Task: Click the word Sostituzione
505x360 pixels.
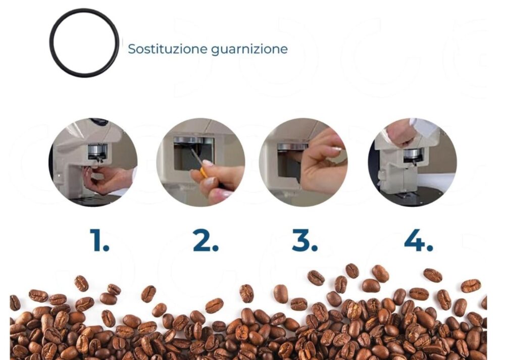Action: (x=168, y=49)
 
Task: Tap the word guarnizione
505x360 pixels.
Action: (x=249, y=49)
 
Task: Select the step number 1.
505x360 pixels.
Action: (x=99, y=240)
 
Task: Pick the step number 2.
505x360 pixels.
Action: (x=206, y=240)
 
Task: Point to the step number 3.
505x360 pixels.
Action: (x=305, y=240)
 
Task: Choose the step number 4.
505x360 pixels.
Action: (x=418, y=240)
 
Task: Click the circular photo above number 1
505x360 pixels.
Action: (x=93, y=162)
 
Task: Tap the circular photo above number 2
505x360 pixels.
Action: (x=200, y=162)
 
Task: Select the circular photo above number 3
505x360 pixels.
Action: (x=304, y=162)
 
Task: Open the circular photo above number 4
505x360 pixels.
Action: (x=412, y=162)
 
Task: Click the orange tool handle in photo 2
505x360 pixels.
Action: (x=204, y=173)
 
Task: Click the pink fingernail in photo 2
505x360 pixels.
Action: (x=207, y=163)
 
